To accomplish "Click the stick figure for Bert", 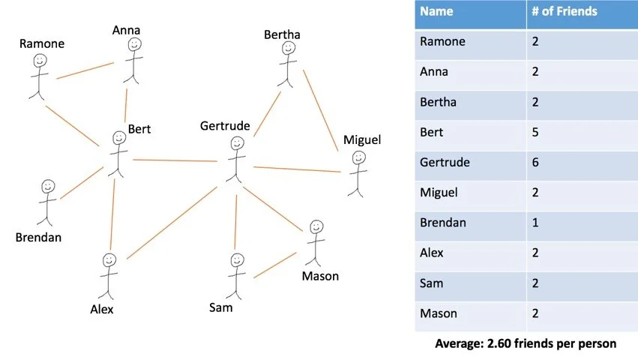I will [118, 154].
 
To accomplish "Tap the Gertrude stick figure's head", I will [238, 142].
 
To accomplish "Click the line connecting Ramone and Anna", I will [85, 70].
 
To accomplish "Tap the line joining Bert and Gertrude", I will [175, 160].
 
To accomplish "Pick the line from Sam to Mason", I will [274, 265].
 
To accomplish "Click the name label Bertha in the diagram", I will [282, 34].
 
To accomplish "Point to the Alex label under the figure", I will [101, 309].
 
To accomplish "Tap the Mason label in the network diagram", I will [320, 276].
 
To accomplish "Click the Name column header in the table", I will [438, 11].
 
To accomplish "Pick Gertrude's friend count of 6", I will [535, 162].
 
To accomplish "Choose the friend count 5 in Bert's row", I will [535, 132].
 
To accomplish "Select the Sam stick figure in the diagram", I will [237, 274].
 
